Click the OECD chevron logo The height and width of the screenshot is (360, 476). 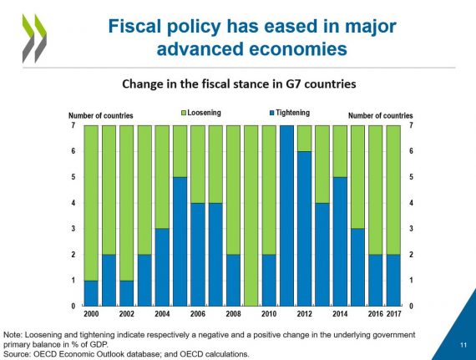click(x=34, y=38)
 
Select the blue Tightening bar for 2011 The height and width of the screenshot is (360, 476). click(x=286, y=215)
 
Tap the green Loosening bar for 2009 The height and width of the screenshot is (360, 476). click(x=251, y=215)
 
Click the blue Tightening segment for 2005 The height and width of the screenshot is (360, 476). click(x=180, y=241)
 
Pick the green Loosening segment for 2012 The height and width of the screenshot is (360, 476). click(x=305, y=139)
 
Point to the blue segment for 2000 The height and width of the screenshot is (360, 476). click(x=91, y=293)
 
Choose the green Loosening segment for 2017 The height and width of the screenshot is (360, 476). click(x=393, y=190)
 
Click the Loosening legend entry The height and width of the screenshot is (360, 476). click(x=201, y=113)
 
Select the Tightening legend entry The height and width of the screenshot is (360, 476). click(x=290, y=113)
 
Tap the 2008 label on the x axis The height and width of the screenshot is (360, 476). click(x=233, y=313)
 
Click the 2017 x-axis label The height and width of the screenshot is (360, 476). click(x=393, y=313)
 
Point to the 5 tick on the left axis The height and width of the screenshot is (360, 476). click(x=73, y=177)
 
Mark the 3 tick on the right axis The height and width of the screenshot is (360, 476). click(x=411, y=229)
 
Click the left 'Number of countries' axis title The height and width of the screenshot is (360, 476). click(x=101, y=115)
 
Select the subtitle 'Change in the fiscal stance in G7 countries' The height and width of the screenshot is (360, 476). click(x=239, y=84)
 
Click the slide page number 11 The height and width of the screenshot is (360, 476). click(x=463, y=345)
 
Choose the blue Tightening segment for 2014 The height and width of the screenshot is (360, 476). click(x=340, y=241)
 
